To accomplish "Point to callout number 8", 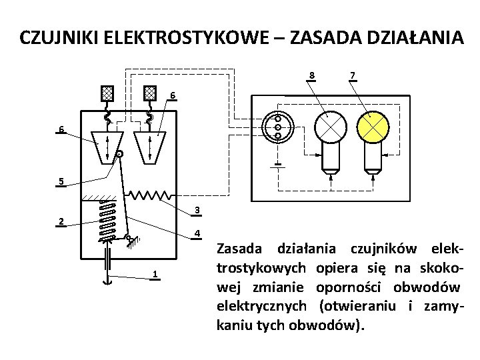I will pos(313,74).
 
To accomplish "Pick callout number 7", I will pos(352,74).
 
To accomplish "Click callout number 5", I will pos(61,181).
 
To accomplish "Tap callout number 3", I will pos(197,211).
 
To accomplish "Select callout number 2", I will pos(61,222).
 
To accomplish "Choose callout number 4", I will pos(197,233).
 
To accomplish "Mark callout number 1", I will pos(155,275).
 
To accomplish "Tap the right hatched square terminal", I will pos(151,93).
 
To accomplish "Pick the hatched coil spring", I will pos(105,220).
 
